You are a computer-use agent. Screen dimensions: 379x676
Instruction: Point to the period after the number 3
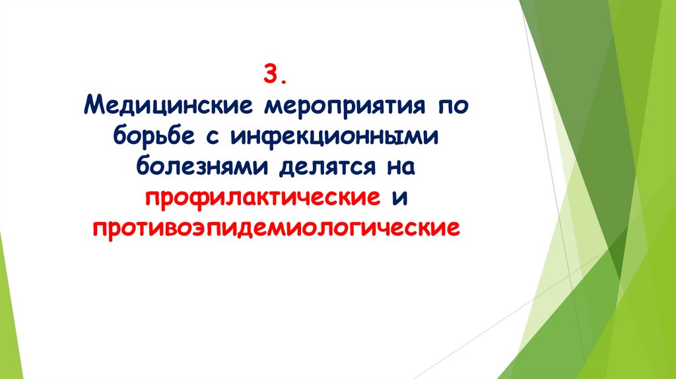[x=283, y=80]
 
